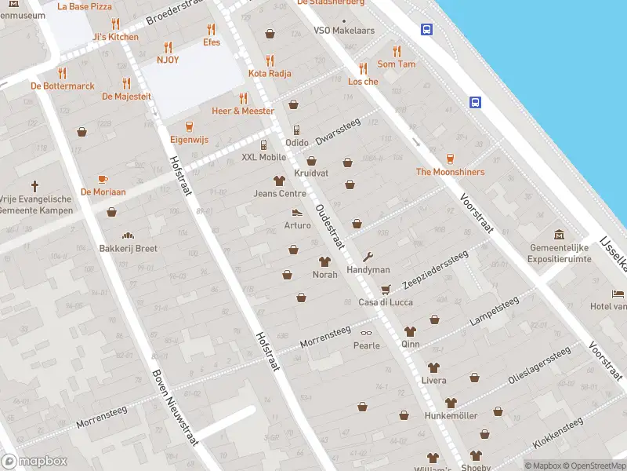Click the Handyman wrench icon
pyautogui.click(x=368, y=257)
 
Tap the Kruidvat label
pyautogui.click(x=311, y=173)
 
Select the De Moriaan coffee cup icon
pyautogui.click(x=103, y=179)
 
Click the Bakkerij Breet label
pyautogui.click(x=129, y=249)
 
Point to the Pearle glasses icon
pyautogui.click(x=367, y=332)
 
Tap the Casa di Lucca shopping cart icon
pyautogui.click(x=385, y=289)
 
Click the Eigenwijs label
pyautogui.click(x=189, y=140)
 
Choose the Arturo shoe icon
pyautogui.click(x=297, y=212)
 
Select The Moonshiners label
pyautogui.click(x=450, y=172)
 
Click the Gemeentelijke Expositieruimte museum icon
pyautogui.click(x=559, y=235)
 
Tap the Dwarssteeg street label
pyautogui.click(x=338, y=130)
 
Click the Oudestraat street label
pyautogui.click(x=330, y=227)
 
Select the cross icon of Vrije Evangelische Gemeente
pyautogui.click(x=34, y=186)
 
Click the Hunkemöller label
pyautogui.click(x=451, y=415)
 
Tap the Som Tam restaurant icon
pyautogui.click(x=397, y=51)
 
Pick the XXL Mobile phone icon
pyautogui.click(x=264, y=144)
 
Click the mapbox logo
pyautogui.click(x=34, y=462)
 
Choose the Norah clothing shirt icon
pyautogui.click(x=324, y=261)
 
